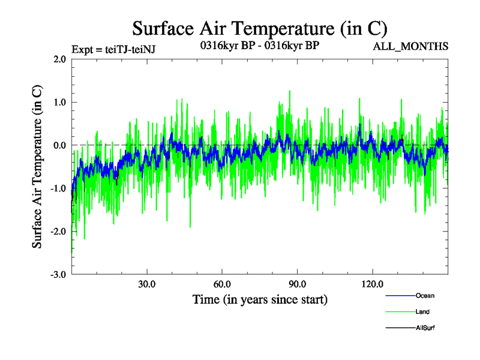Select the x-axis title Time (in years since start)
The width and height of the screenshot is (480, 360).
(260, 298)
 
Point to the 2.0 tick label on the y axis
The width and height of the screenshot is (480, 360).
(59, 59)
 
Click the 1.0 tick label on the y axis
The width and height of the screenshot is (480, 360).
(59, 102)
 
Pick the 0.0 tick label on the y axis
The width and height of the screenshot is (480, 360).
(59, 145)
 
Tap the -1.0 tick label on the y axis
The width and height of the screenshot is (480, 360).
(58, 188)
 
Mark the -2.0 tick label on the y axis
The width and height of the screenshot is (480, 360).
(58, 231)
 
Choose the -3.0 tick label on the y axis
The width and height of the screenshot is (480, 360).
(58, 274)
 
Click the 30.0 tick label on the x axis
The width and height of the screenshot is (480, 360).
(147, 283)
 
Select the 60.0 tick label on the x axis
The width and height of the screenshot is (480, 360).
(222, 283)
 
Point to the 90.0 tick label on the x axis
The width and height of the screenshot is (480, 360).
(298, 283)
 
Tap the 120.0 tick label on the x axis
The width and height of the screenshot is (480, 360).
(373, 283)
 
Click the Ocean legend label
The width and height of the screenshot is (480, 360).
(424, 296)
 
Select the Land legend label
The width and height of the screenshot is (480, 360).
(422, 312)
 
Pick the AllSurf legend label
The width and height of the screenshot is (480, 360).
(425, 328)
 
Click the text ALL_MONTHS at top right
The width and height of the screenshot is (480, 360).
(410, 46)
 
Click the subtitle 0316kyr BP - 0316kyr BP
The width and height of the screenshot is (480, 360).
(260, 45)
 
